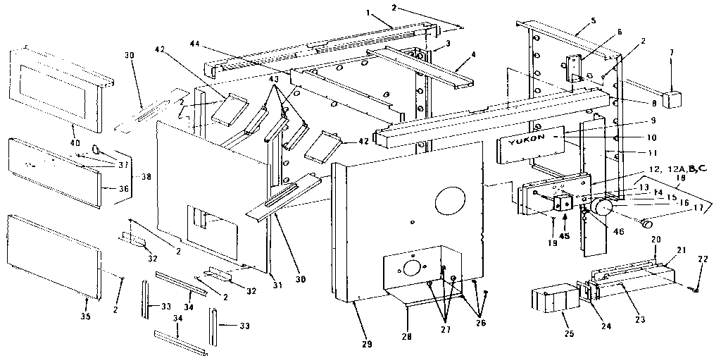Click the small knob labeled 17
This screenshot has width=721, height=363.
point(646,223)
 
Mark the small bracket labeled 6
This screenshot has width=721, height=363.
point(577,69)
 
